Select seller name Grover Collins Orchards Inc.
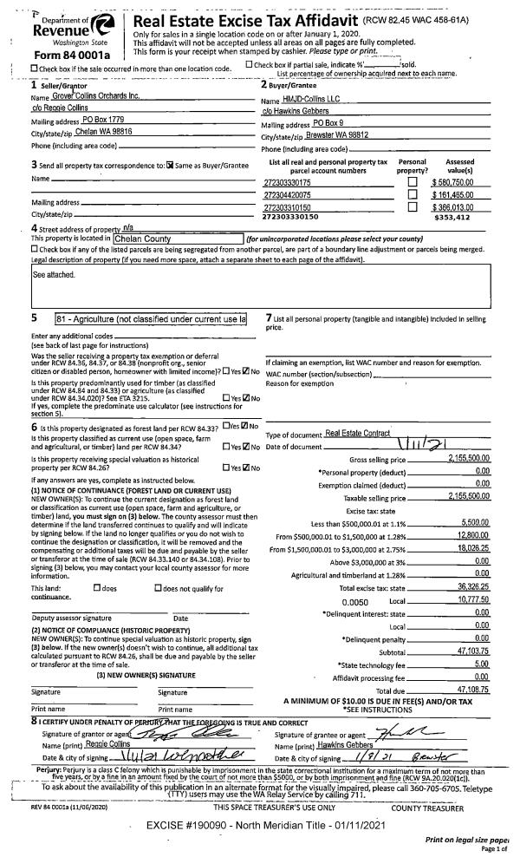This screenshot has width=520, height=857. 92,95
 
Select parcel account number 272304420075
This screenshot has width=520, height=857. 287,196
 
